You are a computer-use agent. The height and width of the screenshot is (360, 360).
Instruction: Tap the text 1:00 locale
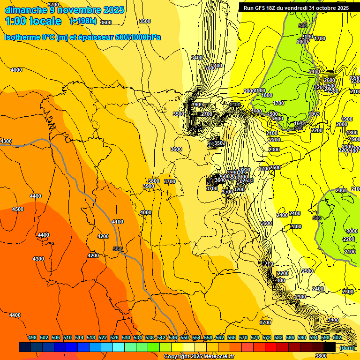pyautogui.click(x=33, y=21)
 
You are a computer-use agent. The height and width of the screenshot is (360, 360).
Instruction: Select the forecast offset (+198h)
pyautogui.click(x=83, y=21)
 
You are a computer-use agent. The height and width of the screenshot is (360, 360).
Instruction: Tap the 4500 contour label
pyautogui.click(x=18, y=209)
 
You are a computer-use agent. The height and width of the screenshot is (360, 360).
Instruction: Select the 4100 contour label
pyautogui.click(x=118, y=222)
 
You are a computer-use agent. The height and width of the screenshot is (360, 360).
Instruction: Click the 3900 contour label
pyautogui.click(x=149, y=186)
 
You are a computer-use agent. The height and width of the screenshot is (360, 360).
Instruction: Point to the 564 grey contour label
pyautogui.click(x=118, y=249)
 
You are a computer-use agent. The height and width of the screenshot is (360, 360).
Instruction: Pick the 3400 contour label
pyautogui.click(x=197, y=58)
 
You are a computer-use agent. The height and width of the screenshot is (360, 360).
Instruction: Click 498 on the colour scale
pyautogui.click(x=32, y=337)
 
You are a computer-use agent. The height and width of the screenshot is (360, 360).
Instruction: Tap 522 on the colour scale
pyautogui.click(x=103, y=337)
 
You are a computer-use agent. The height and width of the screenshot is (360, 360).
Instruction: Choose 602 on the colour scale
pyautogui.click(x=337, y=337)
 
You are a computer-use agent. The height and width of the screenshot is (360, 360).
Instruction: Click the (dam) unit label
pyautogui.click(x=347, y=348)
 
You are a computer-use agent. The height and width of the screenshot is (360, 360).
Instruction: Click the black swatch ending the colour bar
pyautogui.click(x=330, y=347)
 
